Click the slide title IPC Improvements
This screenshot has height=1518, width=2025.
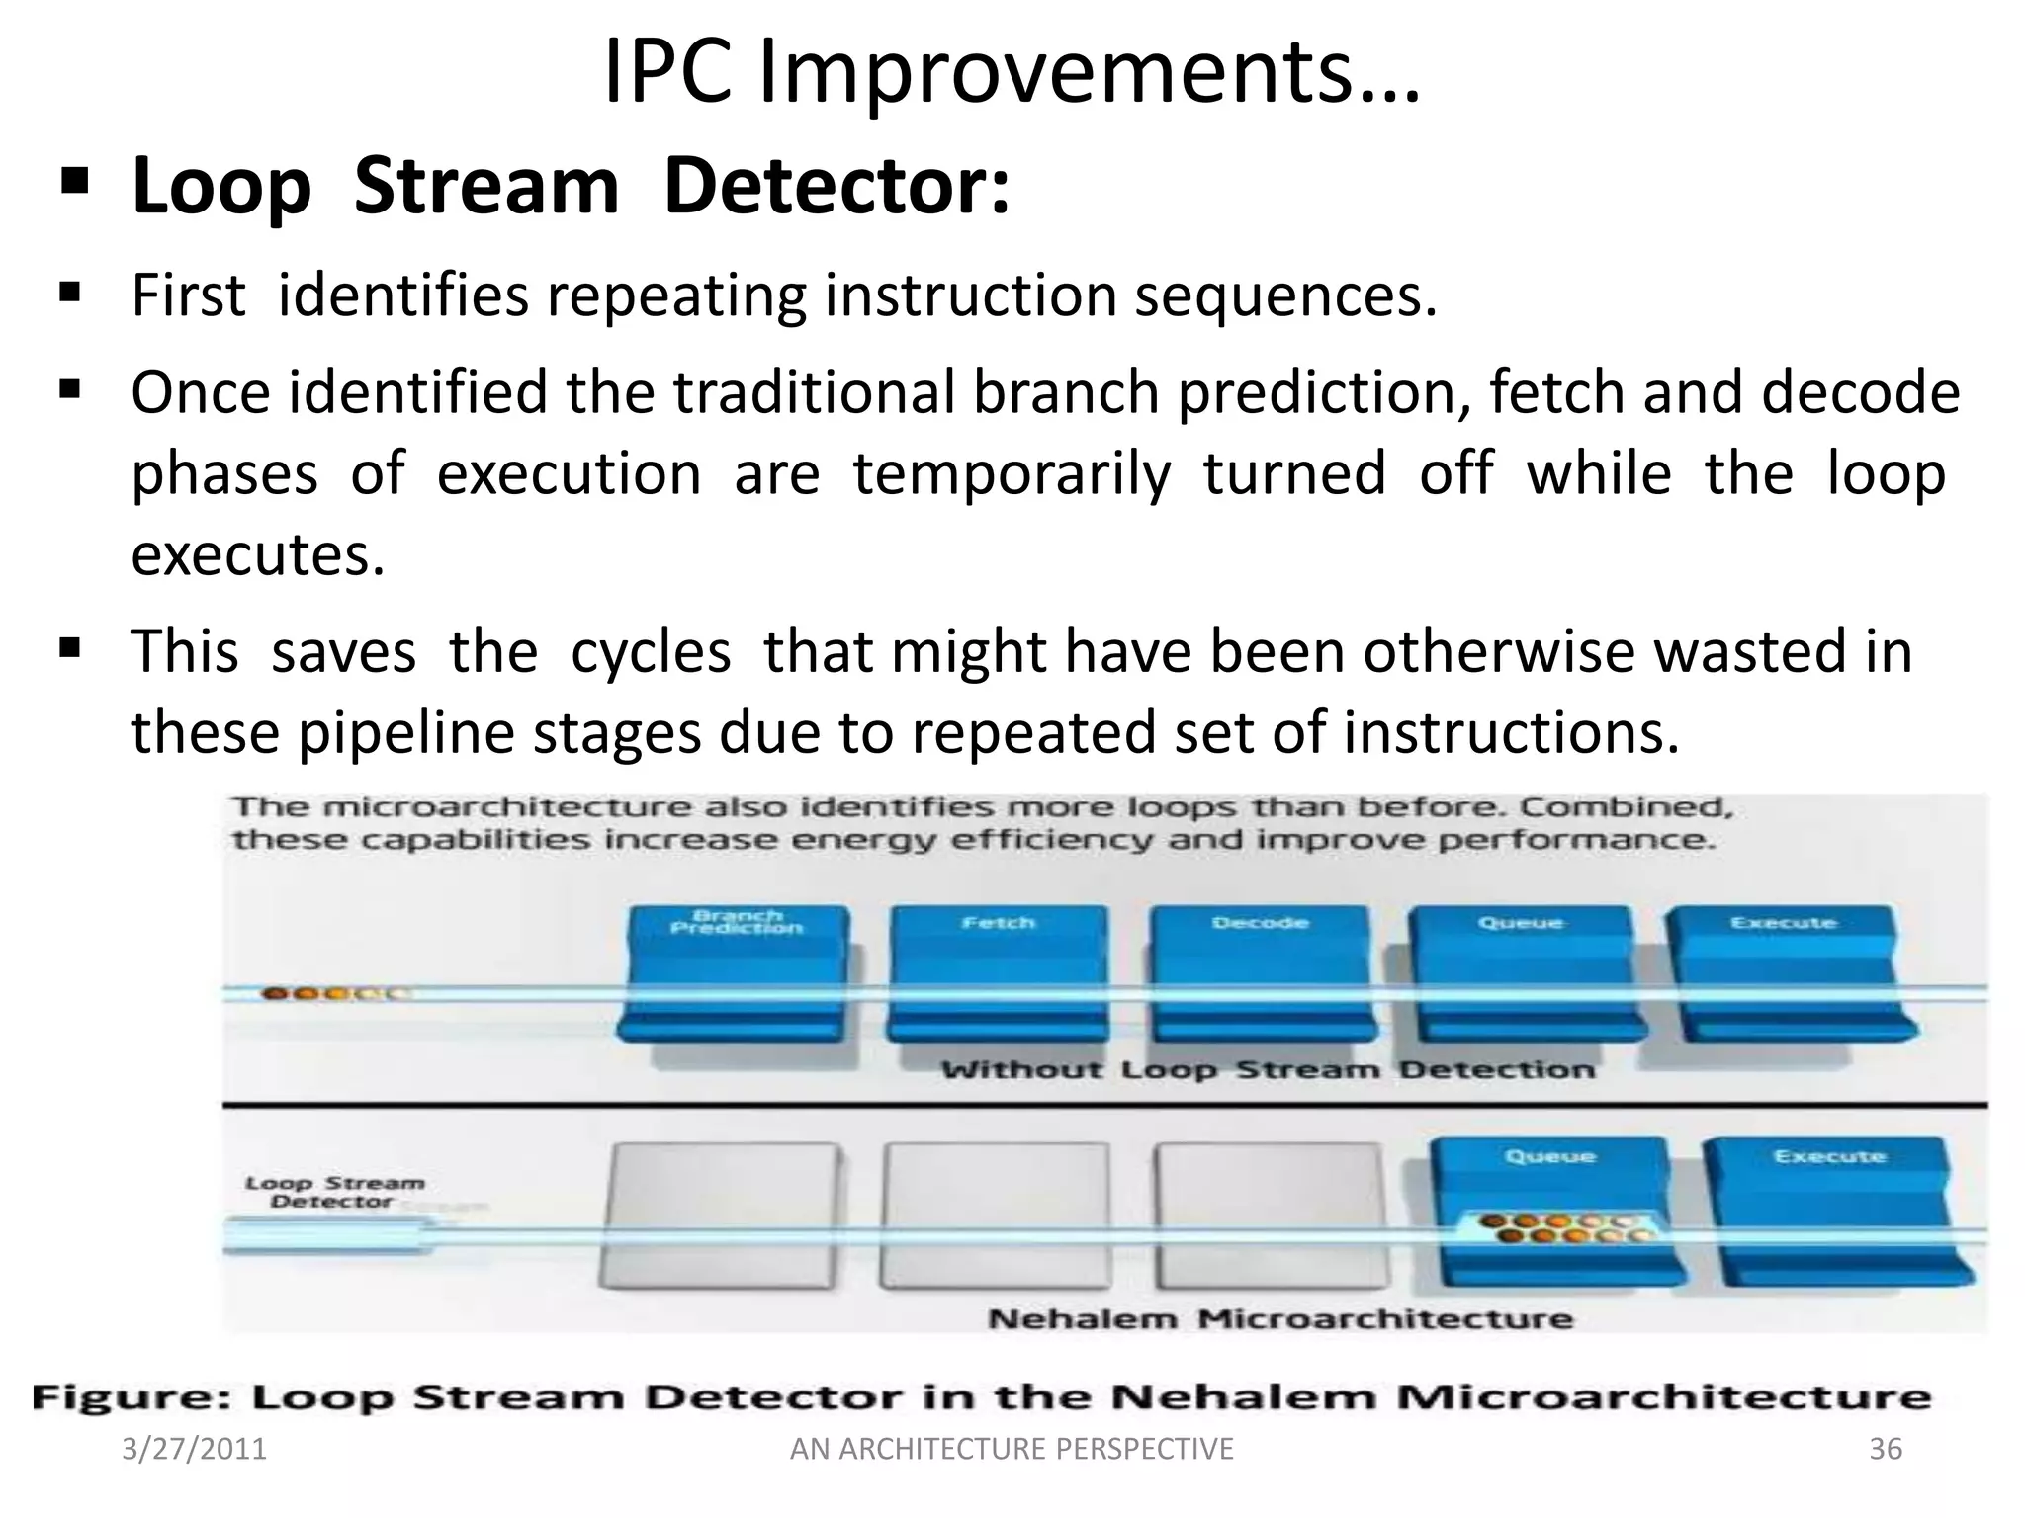pos(1011,73)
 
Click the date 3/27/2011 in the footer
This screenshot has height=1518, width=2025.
pos(194,1449)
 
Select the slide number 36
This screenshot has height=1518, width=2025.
pos(1885,1449)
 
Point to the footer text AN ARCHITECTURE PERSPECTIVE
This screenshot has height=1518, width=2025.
pos(1012,1449)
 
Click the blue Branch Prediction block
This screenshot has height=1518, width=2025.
pos(736,974)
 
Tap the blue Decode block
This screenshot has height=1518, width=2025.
pos(1260,974)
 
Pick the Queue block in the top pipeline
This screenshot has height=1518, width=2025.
pos(1521,974)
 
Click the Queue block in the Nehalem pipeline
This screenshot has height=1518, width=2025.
pos(1548,1212)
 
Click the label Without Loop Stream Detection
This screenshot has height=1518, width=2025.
pos(1268,1069)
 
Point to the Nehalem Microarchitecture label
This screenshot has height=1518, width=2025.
pos(1279,1318)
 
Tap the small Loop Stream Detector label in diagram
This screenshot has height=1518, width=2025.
pos(334,1192)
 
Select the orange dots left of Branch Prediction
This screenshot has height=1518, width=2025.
pos(331,993)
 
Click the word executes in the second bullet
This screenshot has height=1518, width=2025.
pos(257,555)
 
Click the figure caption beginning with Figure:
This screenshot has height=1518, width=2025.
pos(981,1397)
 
